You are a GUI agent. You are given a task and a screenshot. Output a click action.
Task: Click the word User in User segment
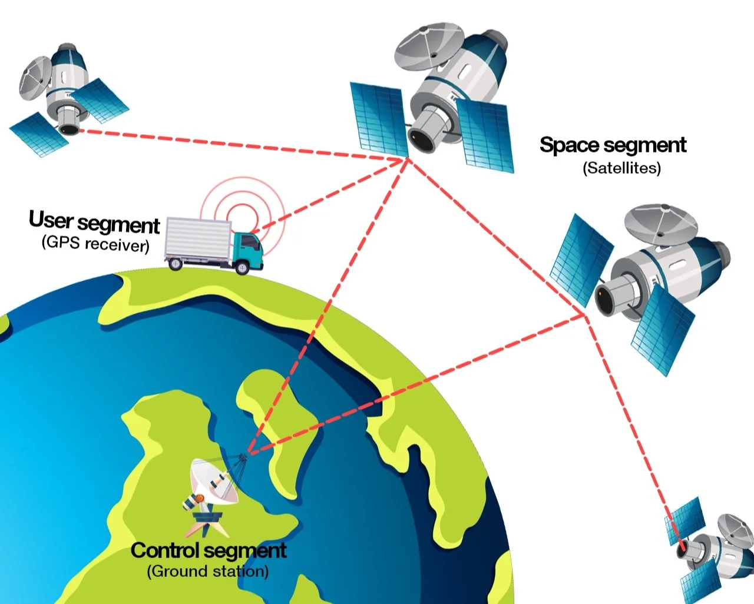[51, 220]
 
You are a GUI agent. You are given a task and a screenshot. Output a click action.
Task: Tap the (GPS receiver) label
[95, 243]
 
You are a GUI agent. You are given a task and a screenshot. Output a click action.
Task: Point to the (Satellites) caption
[621, 168]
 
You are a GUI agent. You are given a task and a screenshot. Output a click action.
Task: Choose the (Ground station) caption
[207, 571]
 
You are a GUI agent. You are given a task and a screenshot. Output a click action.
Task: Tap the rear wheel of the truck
[174, 264]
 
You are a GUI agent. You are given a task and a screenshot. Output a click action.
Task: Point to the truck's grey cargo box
[197, 239]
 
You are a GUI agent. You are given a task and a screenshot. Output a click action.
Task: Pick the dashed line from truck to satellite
[330, 194]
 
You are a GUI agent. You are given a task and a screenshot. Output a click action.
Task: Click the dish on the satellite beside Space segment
[660, 224]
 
